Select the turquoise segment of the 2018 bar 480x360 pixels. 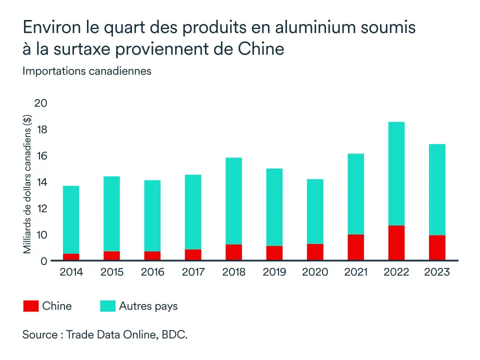pyautogui.click(x=233, y=201)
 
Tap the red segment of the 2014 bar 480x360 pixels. pyautogui.click(x=71, y=257)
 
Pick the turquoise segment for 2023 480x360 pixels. pyautogui.click(x=437, y=190)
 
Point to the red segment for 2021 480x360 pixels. pyautogui.click(x=355, y=247)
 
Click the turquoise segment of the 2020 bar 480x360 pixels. pyautogui.click(x=315, y=211)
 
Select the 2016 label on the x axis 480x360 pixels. pyautogui.click(x=152, y=272)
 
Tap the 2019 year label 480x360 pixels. pyautogui.click(x=274, y=272)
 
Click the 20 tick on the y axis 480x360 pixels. pyautogui.click(x=40, y=103)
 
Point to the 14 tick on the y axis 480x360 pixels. pyautogui.click(x=40, y=182)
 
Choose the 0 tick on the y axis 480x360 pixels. pyautogui.click(x=43, y=261)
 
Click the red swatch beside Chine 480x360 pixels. pyautogui.click(x=30, y=306)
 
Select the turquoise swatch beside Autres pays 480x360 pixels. pyautogui.click(x=107, y=306)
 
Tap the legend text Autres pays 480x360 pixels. pyautogui.click(x=148, y=306)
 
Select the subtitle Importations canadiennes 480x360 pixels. pyautogui.click(x=86, y=71)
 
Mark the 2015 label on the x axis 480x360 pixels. pyautogui.click(x=112, y=272)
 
